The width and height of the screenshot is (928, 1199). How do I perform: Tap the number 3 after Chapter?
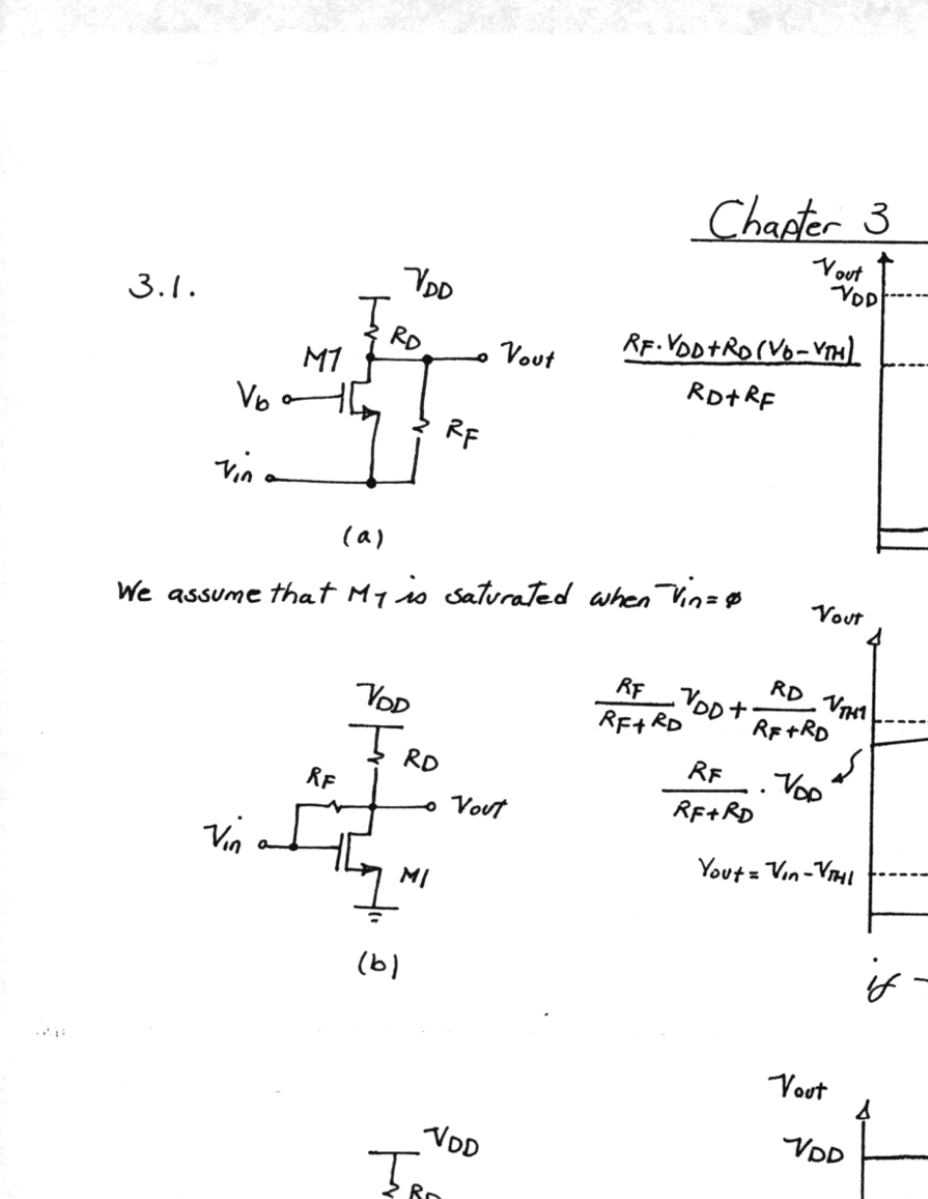874,219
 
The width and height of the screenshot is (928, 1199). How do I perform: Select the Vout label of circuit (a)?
527,359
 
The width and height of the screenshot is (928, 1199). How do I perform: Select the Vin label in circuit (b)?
228,839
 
